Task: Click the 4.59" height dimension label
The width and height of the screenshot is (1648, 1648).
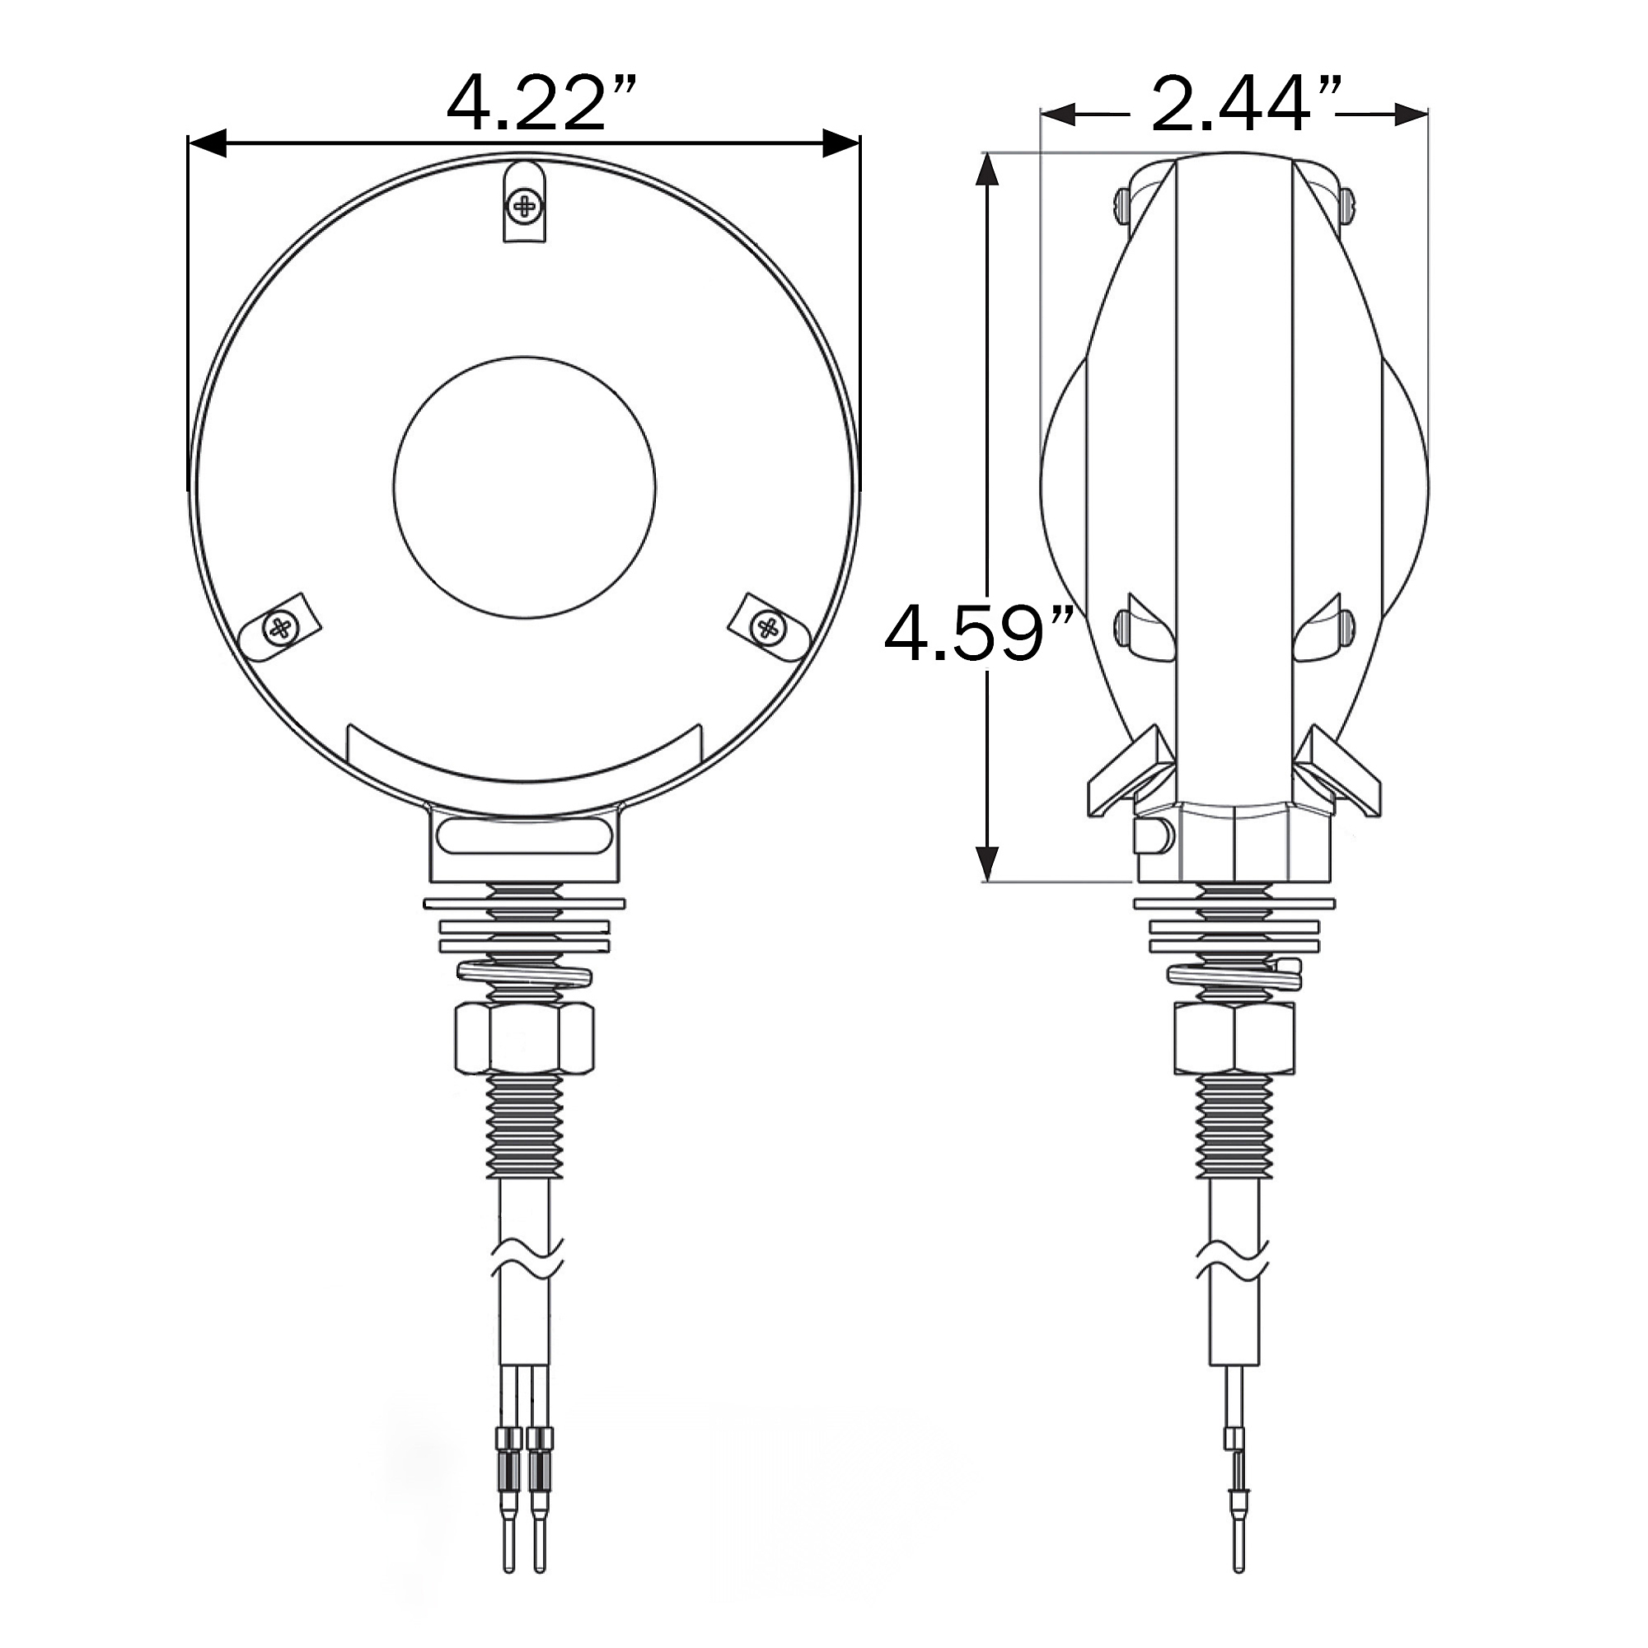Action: [x=977, y=633]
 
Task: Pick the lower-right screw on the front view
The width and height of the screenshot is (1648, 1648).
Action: [x=768, y=628]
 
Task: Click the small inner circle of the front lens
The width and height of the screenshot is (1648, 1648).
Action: [x=525, y=488]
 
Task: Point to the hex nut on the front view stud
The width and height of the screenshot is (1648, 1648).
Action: [x=525, y=1038]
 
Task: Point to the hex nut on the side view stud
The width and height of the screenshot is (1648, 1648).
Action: [x=1234, y=1038]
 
